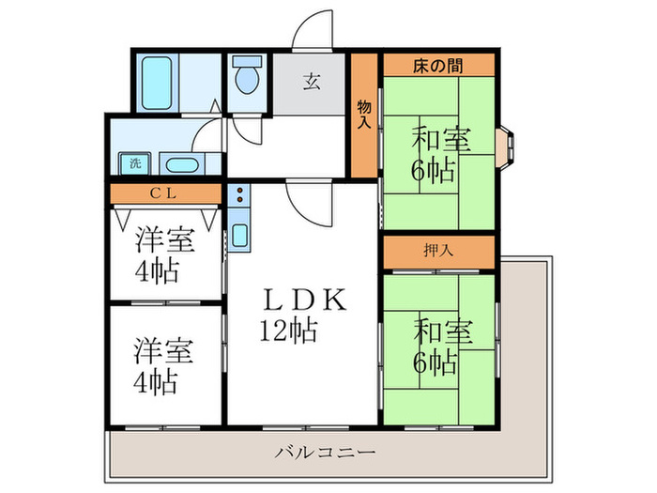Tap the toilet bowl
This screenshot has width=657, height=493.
click(x=248, y=78)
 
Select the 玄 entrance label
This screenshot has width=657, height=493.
click(x=311, y=81)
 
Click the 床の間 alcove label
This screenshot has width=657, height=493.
click(x=438, y=65)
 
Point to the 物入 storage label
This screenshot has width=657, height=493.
click(x=364, y=116)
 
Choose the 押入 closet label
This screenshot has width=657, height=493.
click(x=438, y=252)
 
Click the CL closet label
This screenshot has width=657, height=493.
click(x=165, y=194)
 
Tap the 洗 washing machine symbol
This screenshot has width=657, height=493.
click(x=135, y=163)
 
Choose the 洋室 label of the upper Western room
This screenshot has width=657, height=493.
click(x=164, y=240)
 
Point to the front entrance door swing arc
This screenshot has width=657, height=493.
click(x=313, y=30)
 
